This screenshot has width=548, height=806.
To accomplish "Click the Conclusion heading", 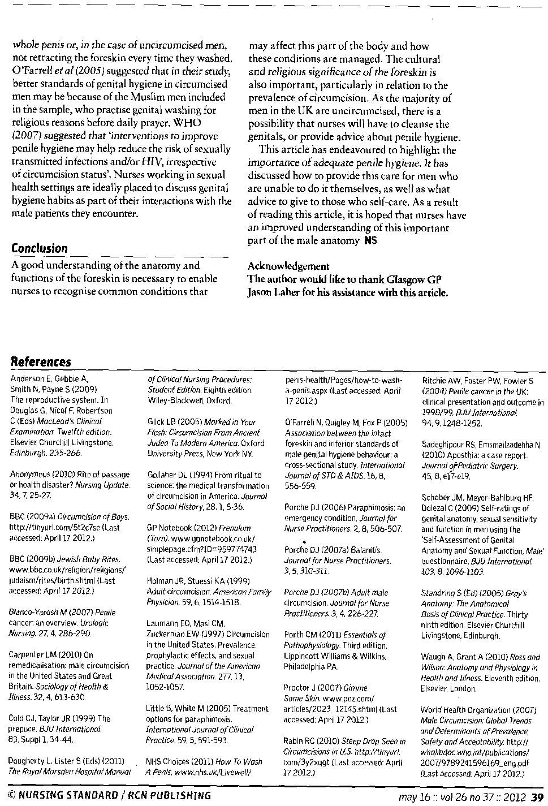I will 39,248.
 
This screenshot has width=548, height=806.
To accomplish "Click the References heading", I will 41,362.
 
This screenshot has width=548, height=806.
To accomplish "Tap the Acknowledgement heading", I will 288,266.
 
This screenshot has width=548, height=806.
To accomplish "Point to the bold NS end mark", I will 370,241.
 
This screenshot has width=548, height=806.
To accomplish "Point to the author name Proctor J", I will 302,688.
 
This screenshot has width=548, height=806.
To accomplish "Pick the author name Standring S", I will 443,593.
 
